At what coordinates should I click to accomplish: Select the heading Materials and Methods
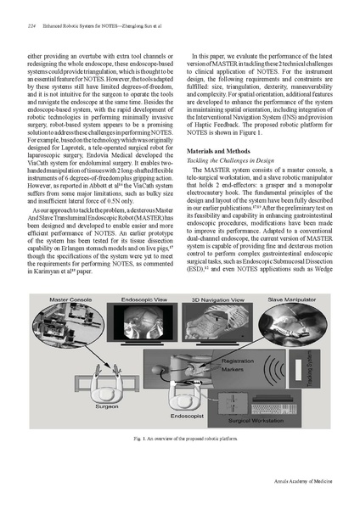220,150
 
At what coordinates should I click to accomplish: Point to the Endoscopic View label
140,299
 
